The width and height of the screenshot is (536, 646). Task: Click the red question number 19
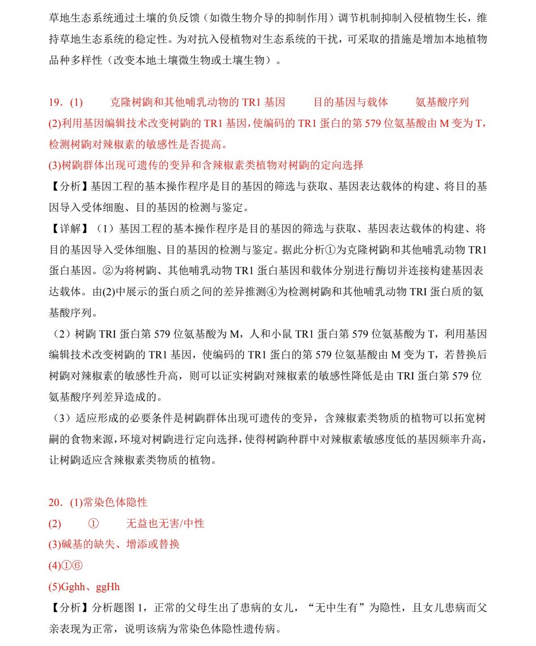click(55, 103)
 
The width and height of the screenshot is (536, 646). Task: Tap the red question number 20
click(55, 502)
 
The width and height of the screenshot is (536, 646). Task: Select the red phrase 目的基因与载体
click(350, 103)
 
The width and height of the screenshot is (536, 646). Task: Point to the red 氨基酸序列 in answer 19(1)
click(442, 103)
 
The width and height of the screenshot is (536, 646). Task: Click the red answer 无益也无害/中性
click(165, 524)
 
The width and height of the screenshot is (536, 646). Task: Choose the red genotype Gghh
click(73, 587)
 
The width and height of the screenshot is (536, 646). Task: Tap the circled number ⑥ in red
click(77, 566)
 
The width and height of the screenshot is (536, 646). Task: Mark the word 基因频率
click(429, 439)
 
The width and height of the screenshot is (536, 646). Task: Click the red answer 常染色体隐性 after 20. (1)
click(115, 502)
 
